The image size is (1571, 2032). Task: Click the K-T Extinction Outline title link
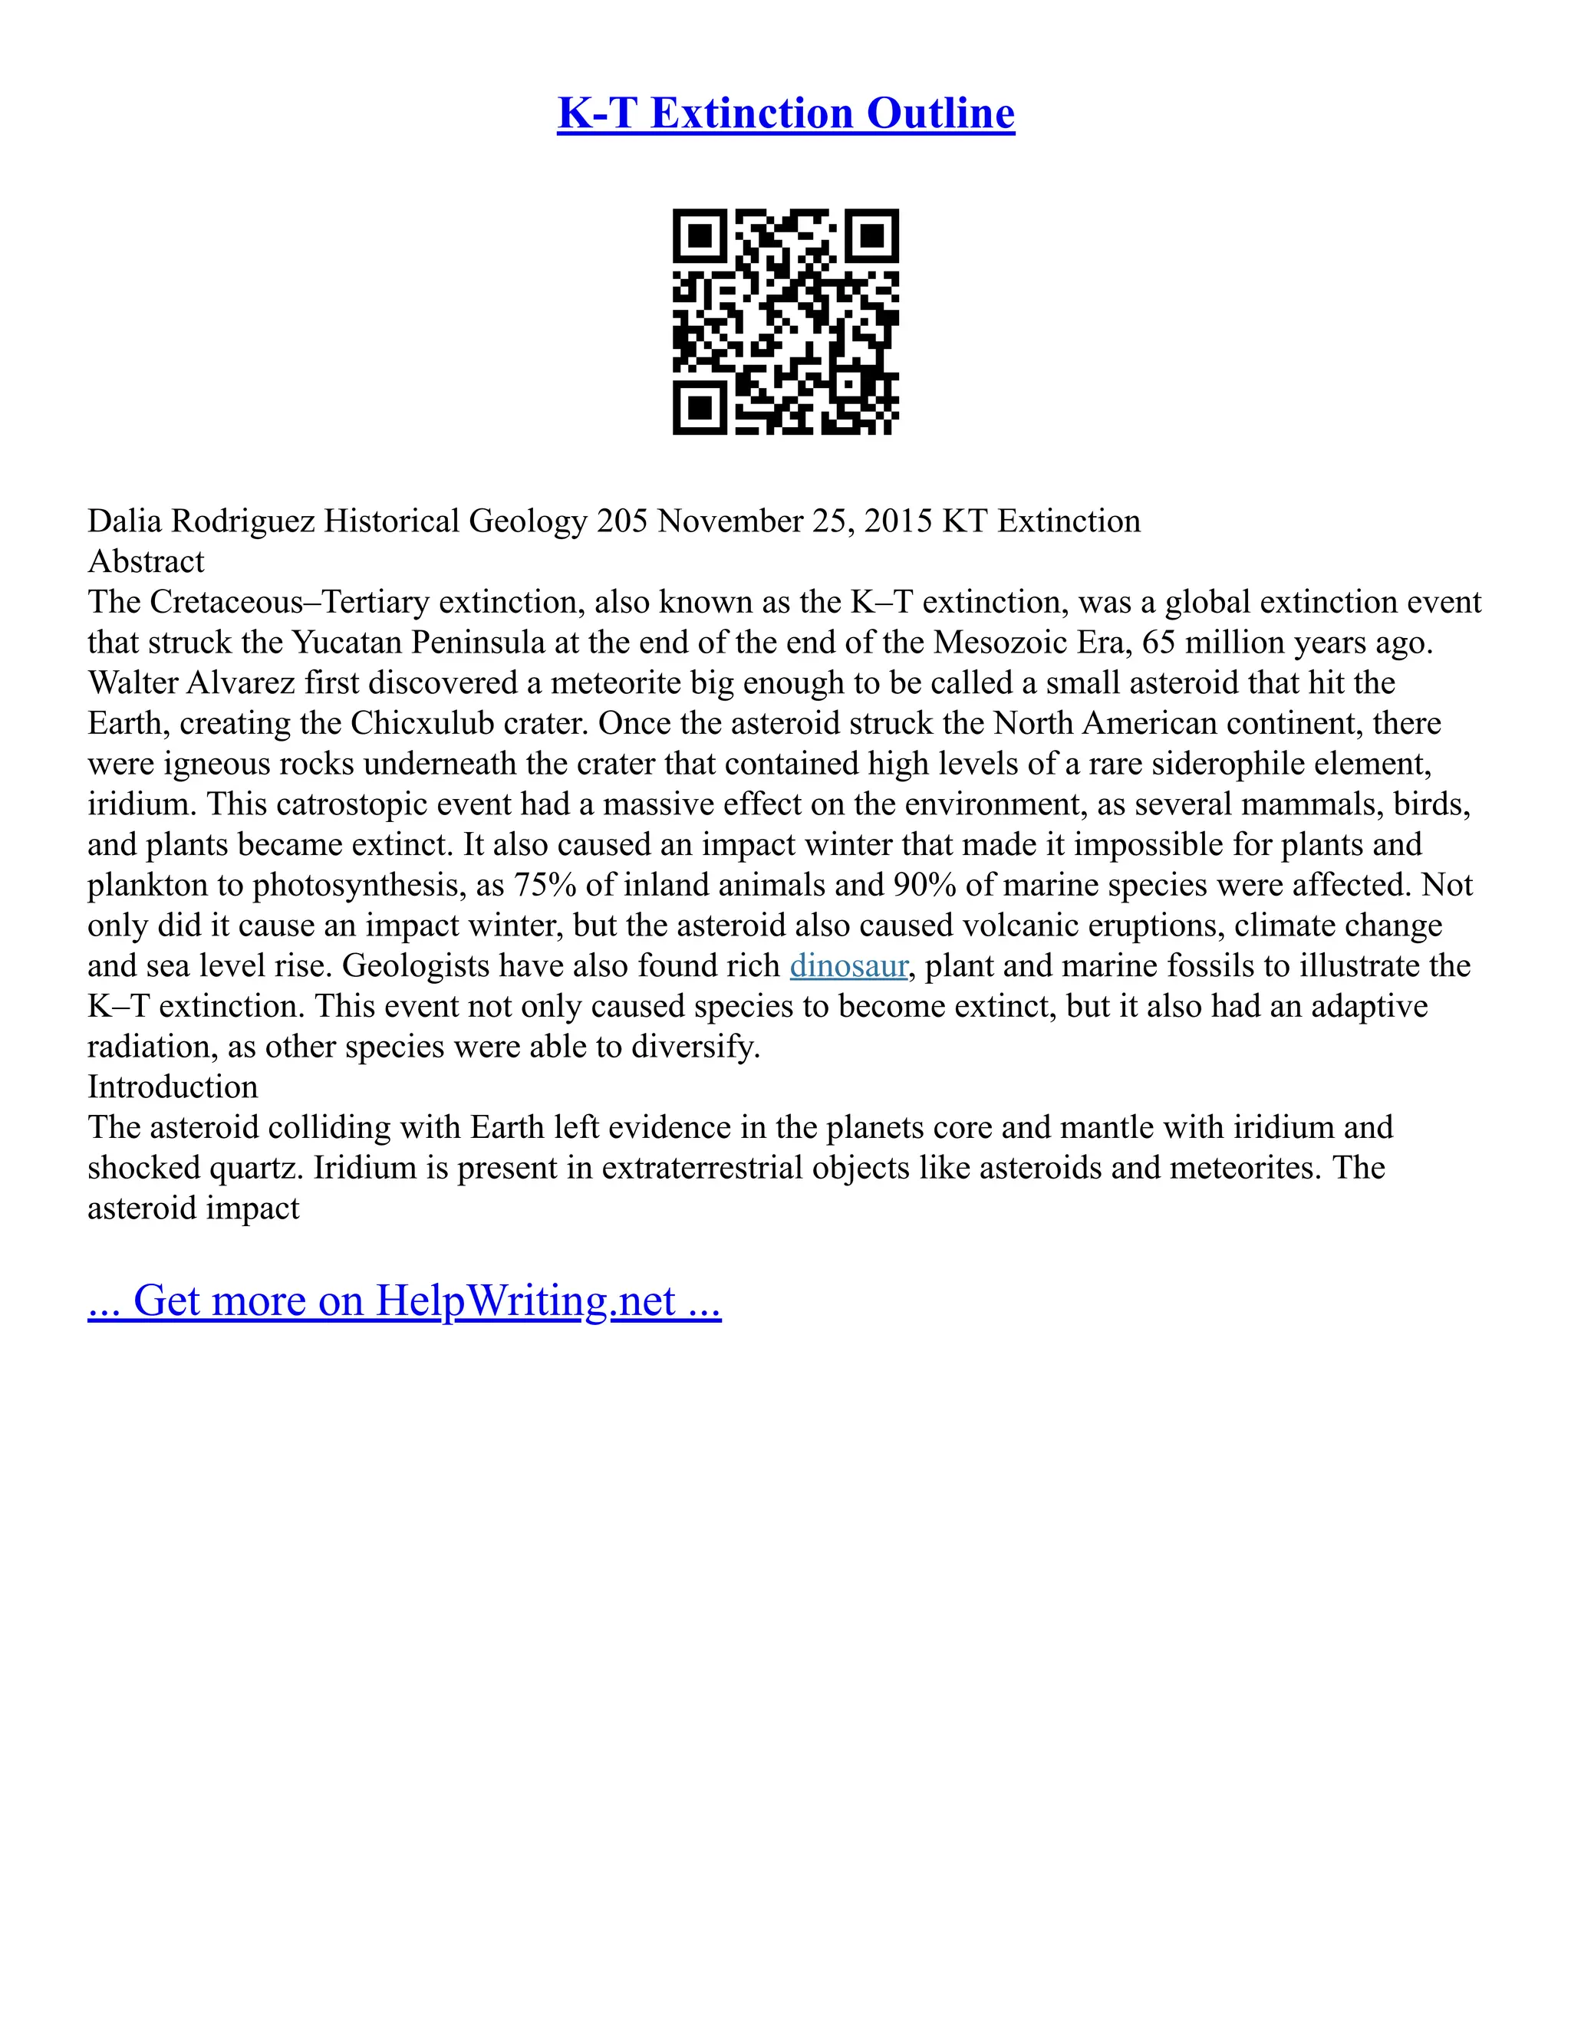coord(785,113)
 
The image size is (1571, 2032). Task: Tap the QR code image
coord(785,321)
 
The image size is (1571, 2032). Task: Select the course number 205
coord(621,521)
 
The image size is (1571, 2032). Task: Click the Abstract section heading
coord(146,562)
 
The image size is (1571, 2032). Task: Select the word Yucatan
coord(347,643)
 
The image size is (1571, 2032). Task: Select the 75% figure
coord(545,885)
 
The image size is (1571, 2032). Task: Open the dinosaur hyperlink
coord(848,965)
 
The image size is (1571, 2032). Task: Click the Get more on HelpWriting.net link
coord(404,1300)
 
